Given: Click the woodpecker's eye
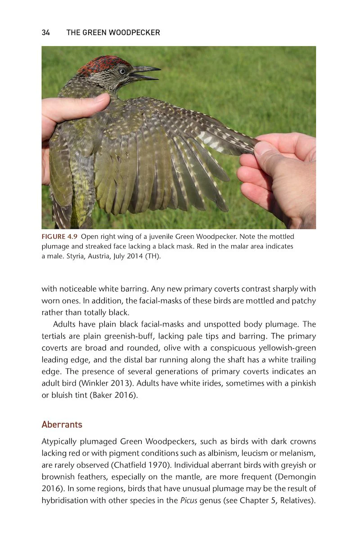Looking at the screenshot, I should pyautogui.click(x=122, y=71).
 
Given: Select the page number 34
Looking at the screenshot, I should pyautogui.click(x=45, y=32).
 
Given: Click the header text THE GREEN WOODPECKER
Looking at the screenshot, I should pyautogui.click(x=113, y=32).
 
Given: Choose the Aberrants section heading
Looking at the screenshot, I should pyautogui.click(x=62, y=424).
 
